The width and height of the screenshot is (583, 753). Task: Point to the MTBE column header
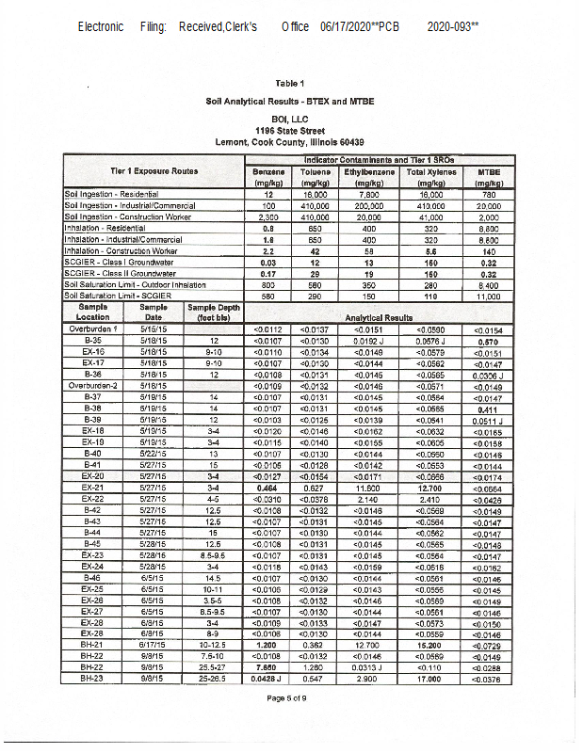[x=488, y=177]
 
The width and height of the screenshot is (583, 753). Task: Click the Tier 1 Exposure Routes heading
[x=154, y=171]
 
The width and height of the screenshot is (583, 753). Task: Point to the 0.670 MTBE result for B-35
[x=488, y=341]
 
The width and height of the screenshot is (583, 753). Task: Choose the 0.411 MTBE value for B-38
[x=488, y=409]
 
